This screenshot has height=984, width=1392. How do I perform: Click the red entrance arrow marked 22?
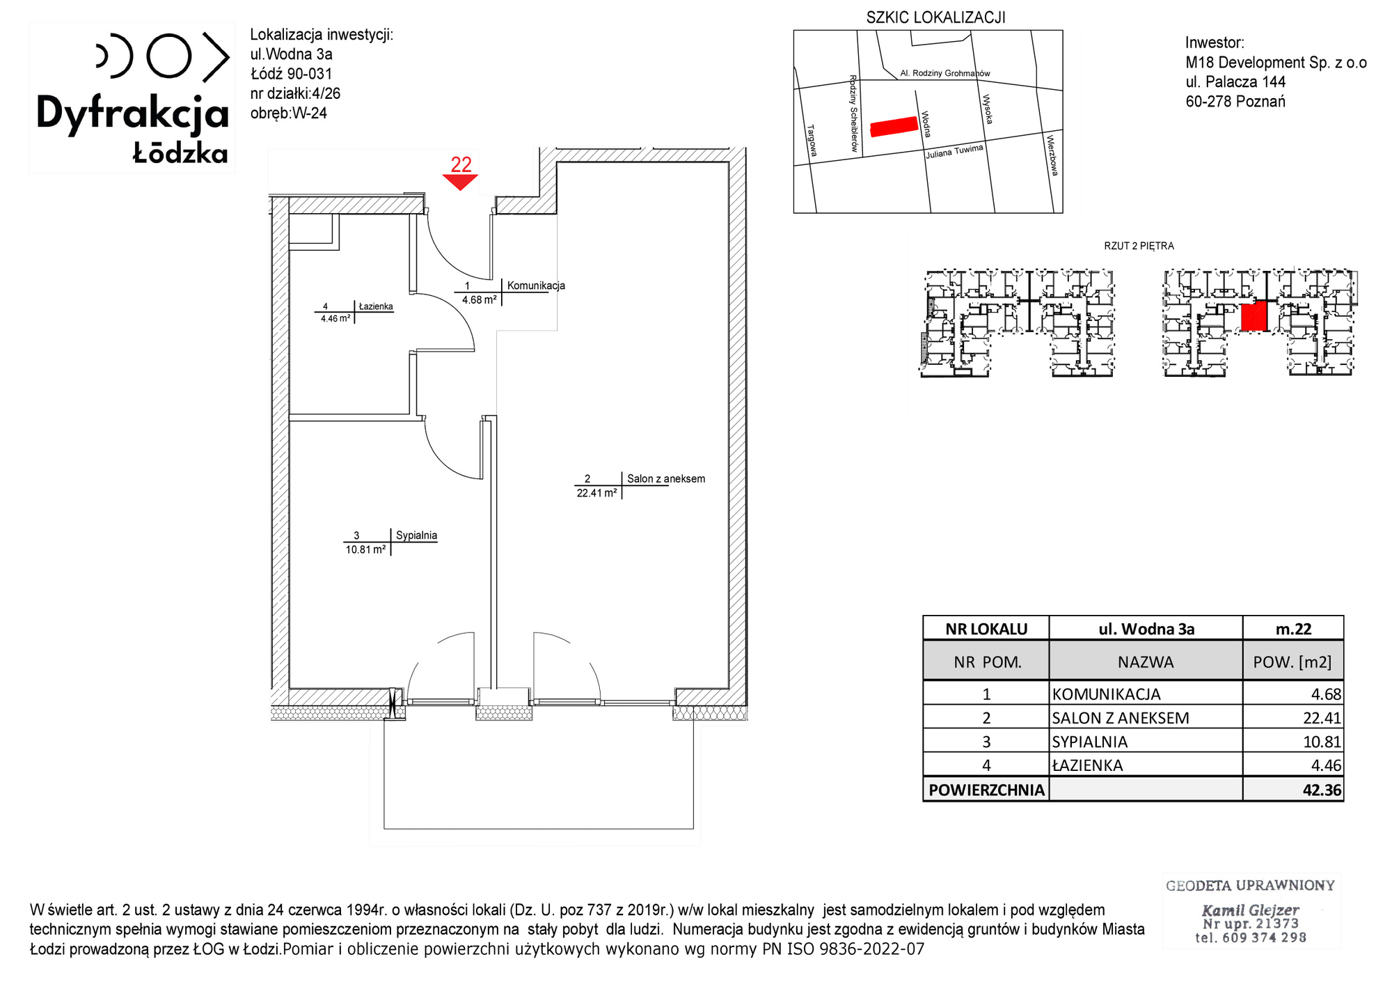coord(460,182)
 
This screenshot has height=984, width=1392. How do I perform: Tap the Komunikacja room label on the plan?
coord(536,286)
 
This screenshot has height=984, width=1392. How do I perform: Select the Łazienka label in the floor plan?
coord(376,306)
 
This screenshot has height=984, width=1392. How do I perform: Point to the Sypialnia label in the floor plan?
coord(416,536)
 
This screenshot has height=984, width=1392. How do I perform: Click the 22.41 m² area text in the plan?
coord(596,493)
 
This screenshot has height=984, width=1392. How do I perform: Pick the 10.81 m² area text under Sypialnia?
coord(365,549)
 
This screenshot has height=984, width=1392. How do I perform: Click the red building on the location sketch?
coord(894,126)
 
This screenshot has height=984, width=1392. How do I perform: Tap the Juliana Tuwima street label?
coord(954,151)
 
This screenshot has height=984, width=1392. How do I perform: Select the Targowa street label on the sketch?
coord(812,140)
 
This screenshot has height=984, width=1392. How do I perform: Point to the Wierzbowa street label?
coord(1052,155)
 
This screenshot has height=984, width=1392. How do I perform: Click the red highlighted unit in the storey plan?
coord(1253,316)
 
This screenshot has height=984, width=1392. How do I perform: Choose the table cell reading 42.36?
coord(1293,790)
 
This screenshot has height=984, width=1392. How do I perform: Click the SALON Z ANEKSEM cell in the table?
coord(1146,717)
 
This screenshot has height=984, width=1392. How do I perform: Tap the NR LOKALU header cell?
coord(986,629)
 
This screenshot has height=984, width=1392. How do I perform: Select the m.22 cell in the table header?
coord(1293,629)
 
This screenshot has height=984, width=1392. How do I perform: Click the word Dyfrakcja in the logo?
coord(132,114)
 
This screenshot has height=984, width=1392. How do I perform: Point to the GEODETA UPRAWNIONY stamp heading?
coord(1250,886)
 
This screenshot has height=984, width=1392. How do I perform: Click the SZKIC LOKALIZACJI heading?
coord(935,17)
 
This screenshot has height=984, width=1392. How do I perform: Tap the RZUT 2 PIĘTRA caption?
coord(1139,246)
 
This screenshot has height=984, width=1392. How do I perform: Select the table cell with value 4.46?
coord(1293,765)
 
